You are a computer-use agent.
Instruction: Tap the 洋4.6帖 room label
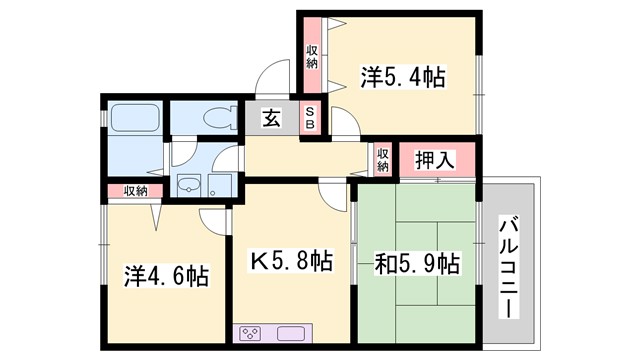[167, 275]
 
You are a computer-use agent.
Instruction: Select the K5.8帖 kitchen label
[290, 263]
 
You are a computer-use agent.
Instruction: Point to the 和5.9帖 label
[418, 263]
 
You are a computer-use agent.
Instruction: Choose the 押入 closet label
[435, 158]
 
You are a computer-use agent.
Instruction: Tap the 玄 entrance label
[271, 118]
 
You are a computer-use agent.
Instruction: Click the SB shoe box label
[310, 118]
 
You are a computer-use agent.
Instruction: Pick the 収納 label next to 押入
[383, 160]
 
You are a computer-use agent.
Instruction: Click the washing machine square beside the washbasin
[220, 184]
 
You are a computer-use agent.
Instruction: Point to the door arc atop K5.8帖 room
[329, 194]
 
